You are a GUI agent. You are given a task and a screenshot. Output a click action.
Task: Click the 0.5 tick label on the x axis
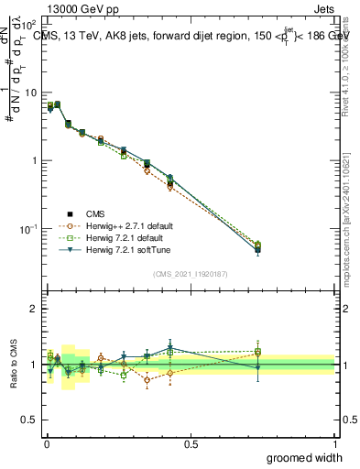tap(191, 443)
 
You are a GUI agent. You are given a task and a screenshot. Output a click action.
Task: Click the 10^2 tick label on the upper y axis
tap(28, 26)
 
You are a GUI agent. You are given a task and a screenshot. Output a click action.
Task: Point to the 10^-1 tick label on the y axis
tap(27, 228)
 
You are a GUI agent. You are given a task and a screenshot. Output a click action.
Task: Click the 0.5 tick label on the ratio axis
tap(29, 420)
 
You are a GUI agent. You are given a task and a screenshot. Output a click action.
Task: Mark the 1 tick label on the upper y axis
tap(33, 160)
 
